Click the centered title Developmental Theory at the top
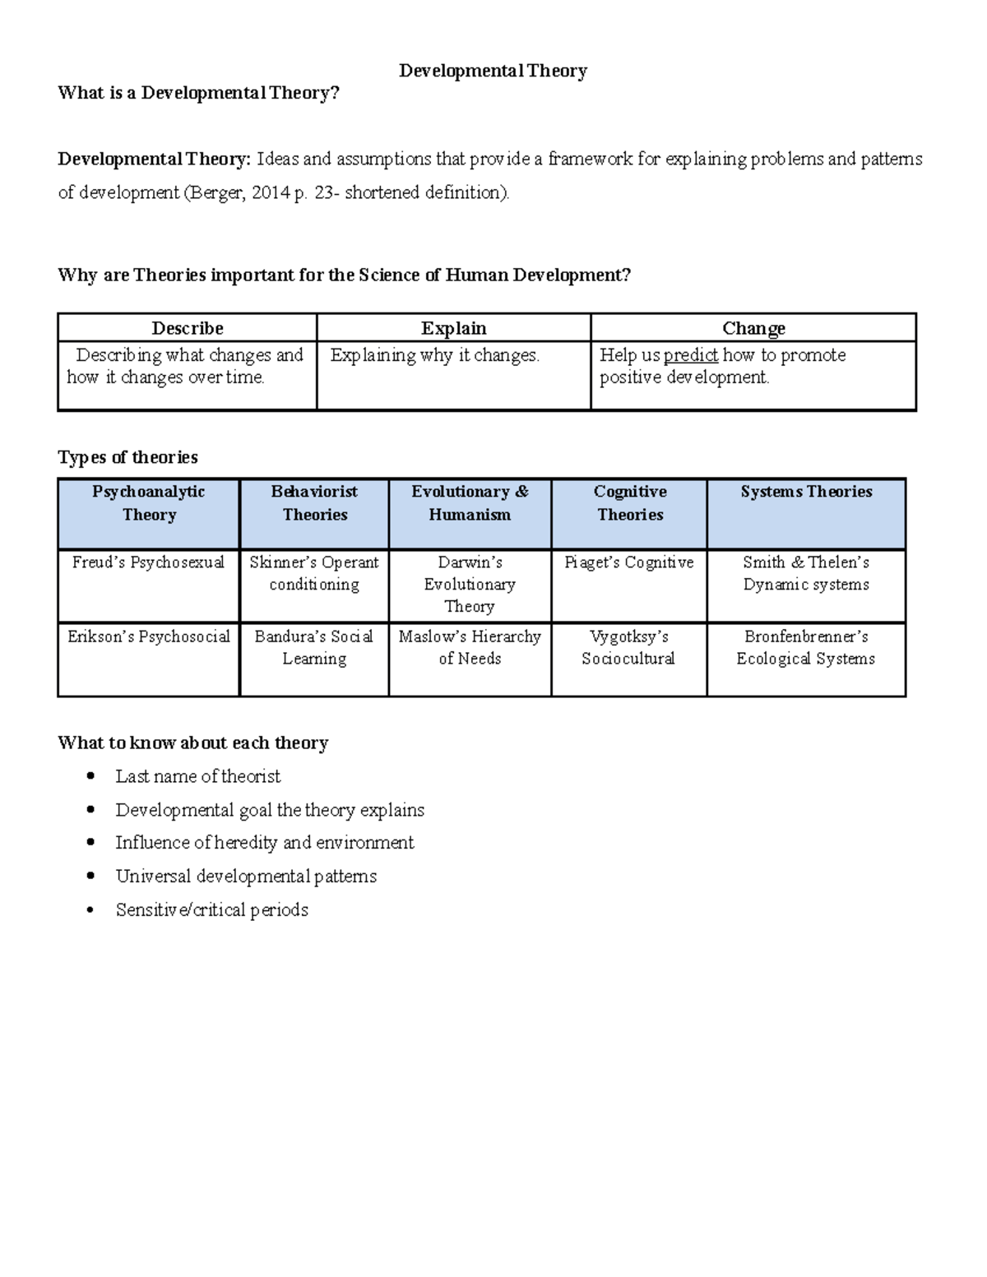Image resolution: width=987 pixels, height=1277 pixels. pos(493,71)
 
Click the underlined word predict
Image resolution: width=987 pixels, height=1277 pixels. pos(691,355)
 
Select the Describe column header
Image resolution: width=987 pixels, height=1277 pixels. pos(188,328)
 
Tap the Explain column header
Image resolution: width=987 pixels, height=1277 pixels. pos(453,328)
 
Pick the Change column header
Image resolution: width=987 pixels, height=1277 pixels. pos(753,328)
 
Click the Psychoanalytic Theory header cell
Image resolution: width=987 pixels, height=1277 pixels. pos(149,503)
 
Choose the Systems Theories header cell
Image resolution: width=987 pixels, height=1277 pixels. pos(806,492)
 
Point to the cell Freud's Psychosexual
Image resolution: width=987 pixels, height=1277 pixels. pos(148,562)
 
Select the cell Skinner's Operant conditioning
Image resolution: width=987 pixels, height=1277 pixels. pos(314,573)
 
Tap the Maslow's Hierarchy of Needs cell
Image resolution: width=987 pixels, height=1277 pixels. pos(470,647)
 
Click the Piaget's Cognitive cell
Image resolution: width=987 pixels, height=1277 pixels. pos(629,562)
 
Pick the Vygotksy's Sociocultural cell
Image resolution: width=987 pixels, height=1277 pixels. pos(628,647)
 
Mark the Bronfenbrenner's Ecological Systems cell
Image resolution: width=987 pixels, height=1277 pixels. pos(806,647)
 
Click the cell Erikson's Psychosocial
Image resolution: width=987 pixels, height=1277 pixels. pos(149,636)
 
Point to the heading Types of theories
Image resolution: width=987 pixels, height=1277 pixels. pos(127,457)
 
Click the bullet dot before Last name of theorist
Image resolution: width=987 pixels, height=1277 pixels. pos(90,776)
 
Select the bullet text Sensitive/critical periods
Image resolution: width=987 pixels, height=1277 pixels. pos(212,910)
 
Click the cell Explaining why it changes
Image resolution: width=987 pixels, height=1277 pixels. pos(435,355)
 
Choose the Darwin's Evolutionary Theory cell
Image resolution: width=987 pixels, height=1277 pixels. pos(470,584)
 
